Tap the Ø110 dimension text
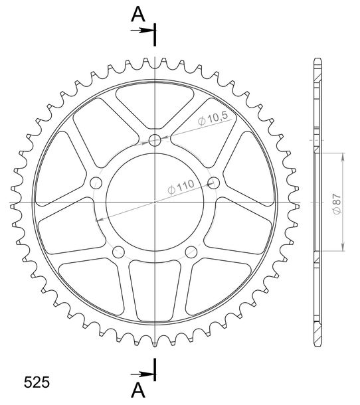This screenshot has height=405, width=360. (181, 187)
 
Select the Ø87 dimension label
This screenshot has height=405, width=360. (337, 204)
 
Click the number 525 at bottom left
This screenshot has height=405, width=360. (37, 382)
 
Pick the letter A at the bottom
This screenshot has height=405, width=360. (138, 390)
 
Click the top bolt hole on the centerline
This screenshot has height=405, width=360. (155, 141)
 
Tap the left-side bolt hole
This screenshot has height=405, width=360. (96, 183)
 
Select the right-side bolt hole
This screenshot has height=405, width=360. (214, 183)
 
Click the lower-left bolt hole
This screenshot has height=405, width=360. (119, 252)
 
